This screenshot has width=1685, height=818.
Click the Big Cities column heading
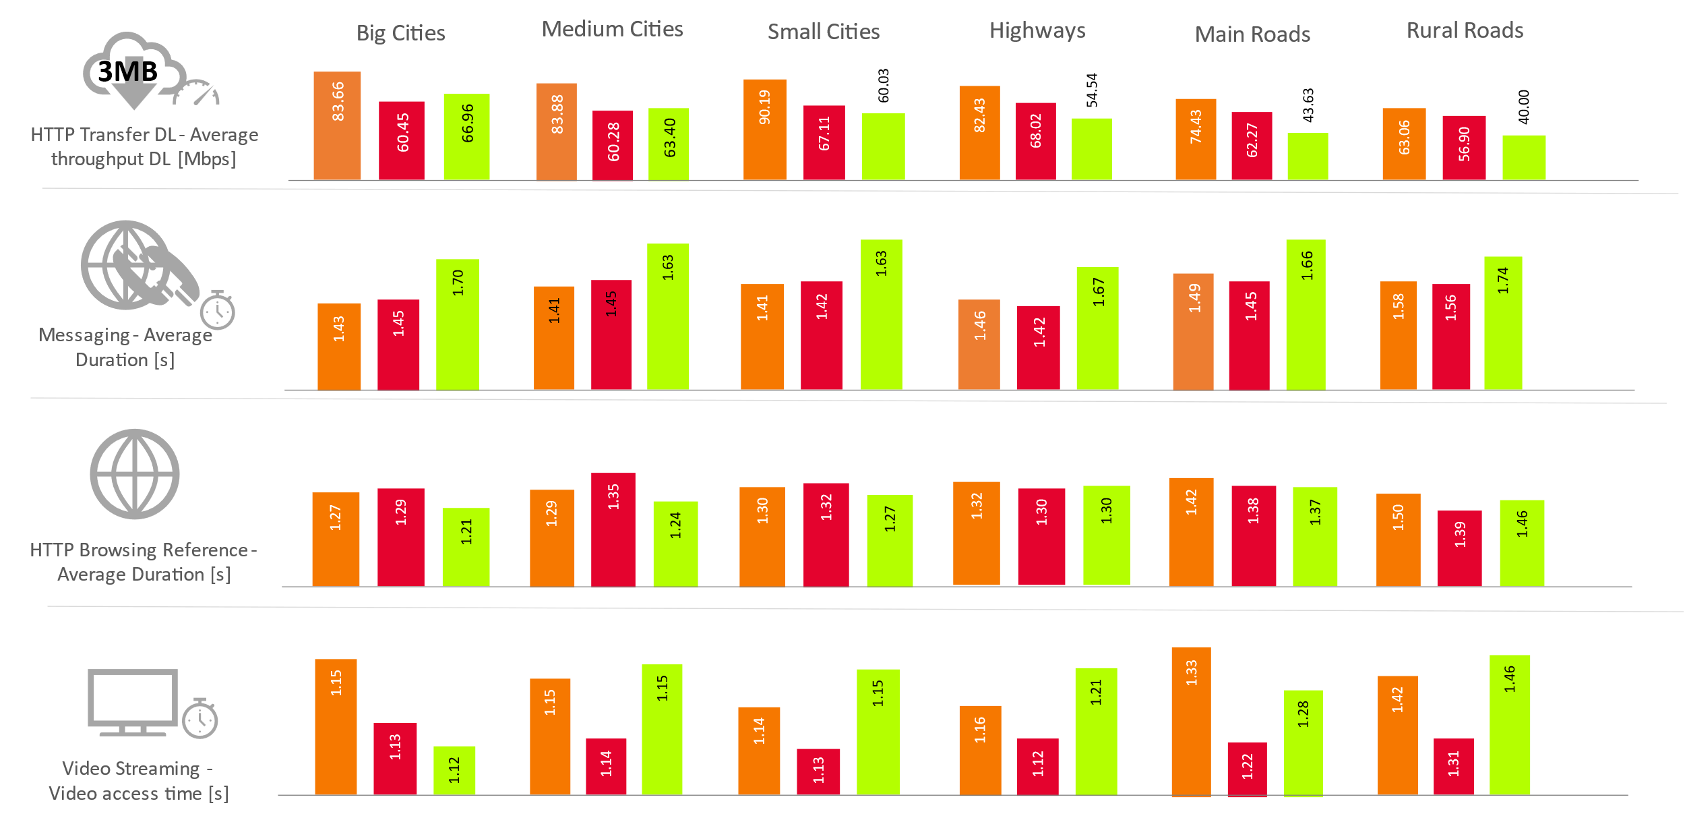pos(400,33)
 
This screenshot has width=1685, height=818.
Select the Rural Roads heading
pos(1464,30)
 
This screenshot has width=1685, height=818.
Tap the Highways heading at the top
pos(1037,30)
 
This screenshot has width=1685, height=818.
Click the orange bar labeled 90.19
pos(764,129)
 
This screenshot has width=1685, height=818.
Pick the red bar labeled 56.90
pos(1463,147)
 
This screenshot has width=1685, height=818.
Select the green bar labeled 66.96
pos(466,136)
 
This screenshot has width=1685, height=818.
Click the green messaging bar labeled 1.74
pos(1502,322)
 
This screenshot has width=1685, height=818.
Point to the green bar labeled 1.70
pos(457,324)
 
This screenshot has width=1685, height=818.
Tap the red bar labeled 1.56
pos(1450,336)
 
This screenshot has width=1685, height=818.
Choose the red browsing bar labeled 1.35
pos(613,529)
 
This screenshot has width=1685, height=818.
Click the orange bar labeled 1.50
pos(1398,539)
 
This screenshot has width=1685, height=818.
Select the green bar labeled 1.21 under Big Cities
pos(466,546)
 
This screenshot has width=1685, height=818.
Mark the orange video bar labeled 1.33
pos(1191,722)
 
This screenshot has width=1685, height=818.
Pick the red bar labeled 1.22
pos(1246,769)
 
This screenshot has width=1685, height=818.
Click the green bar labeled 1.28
pos(1303,742)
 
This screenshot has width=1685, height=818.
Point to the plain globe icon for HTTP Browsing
pos(135,474)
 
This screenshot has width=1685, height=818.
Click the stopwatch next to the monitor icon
pos(200,719)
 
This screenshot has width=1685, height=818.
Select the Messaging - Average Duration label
pos(125,347)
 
